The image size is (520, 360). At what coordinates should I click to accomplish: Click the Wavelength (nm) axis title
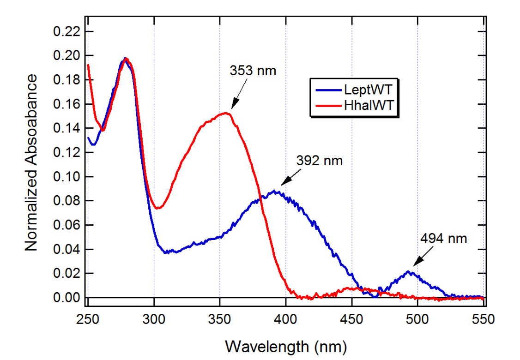tap(285, 345)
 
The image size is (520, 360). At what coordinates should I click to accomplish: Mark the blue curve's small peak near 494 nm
tap(409, 271)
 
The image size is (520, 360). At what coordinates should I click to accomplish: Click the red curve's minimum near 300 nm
tap(157, 208)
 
